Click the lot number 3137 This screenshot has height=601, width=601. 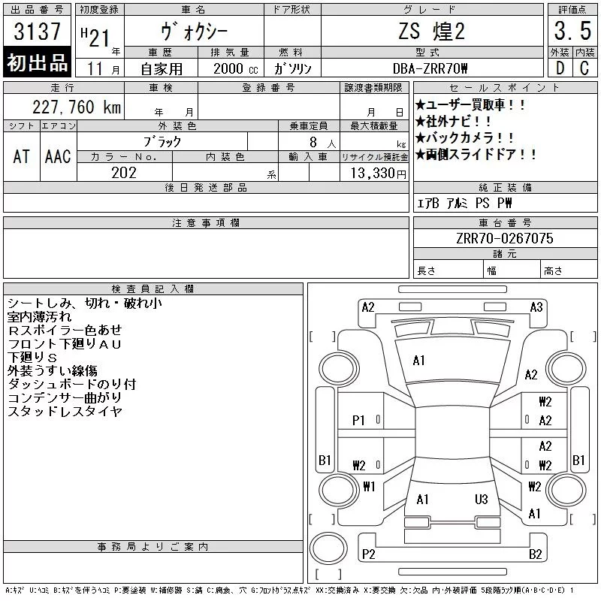[37, 31]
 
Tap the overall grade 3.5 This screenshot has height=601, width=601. [572, 31]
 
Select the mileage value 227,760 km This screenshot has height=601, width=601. [77, 107]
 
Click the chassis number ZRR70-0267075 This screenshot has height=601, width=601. [505, 238]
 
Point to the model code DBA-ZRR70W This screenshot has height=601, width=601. [430, 68]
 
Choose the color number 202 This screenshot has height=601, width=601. [124, 173]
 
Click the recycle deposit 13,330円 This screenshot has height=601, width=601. [378, 174]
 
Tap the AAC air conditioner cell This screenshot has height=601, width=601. [58, 156]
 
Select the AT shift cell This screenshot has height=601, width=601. [21, 156]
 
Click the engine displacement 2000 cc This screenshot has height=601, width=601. [236, 68]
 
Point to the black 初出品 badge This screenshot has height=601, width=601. [37, 62]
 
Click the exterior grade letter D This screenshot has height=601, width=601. [560, 68]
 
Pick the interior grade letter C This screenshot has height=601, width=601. [584, 68]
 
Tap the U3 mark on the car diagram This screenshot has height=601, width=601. [482, 500]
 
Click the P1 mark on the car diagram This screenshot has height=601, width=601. [358, 421]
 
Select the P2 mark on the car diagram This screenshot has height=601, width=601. [368, 554]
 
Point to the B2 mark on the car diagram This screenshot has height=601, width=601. [536, 554]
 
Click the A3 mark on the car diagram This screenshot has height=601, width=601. [536, 307]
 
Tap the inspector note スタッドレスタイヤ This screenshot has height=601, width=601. [65, 411]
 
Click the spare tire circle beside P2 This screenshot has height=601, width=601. [328, 548]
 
